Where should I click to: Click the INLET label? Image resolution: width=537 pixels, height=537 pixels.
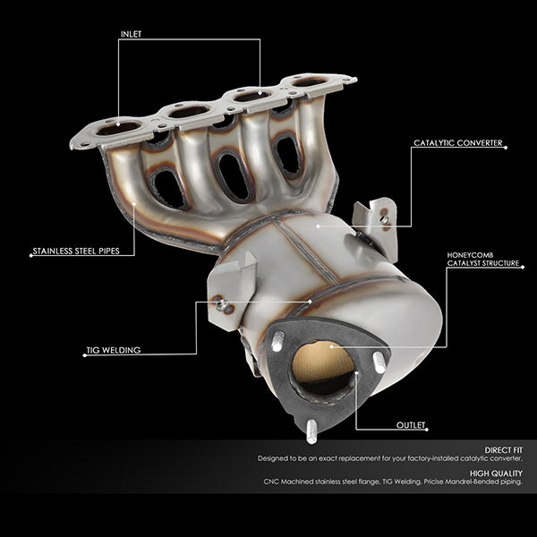click(x=131, y=34)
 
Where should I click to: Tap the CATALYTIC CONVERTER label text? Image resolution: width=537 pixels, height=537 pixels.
click(x=458, y=143)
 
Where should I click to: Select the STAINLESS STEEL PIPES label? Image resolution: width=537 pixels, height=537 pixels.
click(x=76, y=251)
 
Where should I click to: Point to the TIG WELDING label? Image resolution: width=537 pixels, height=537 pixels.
click(x=114, y=350)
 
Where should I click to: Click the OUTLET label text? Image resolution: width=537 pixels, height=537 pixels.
click(x=411, y=425)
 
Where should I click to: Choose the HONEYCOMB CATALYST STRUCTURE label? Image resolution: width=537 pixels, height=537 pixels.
click(x=483, y=260)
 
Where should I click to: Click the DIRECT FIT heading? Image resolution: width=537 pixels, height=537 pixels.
click(x=503, y=450)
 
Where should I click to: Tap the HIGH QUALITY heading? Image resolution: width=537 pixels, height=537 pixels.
click(x=496, y=473)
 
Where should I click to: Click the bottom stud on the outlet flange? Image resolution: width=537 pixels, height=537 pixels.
click(x=311, y=431)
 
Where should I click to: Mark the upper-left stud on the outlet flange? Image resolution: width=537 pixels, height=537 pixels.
click(x=277, y=341)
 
